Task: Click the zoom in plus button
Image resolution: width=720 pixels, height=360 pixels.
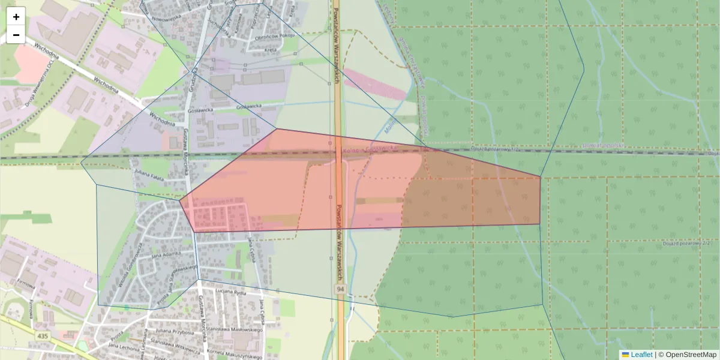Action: click(x=16, y=17)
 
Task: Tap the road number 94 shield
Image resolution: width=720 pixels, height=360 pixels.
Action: click(x=340, y=290)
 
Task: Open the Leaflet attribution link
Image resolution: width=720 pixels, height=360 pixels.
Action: click(x=641, y=355)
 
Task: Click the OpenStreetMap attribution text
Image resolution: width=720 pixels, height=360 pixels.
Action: click(x=689, y=355)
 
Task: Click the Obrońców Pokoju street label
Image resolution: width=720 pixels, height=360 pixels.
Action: click(x=274, y=35)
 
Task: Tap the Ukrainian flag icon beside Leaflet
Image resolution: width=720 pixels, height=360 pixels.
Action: click(x=625, y=355)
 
